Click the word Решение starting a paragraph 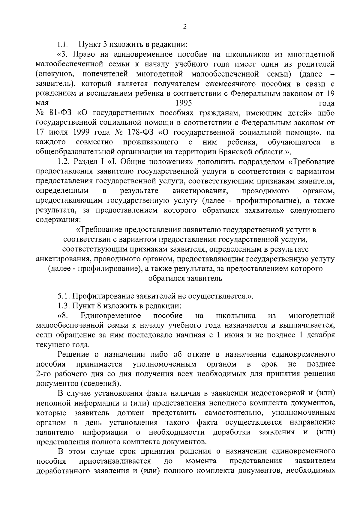click(73, 355)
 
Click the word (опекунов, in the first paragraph click(54, 74)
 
